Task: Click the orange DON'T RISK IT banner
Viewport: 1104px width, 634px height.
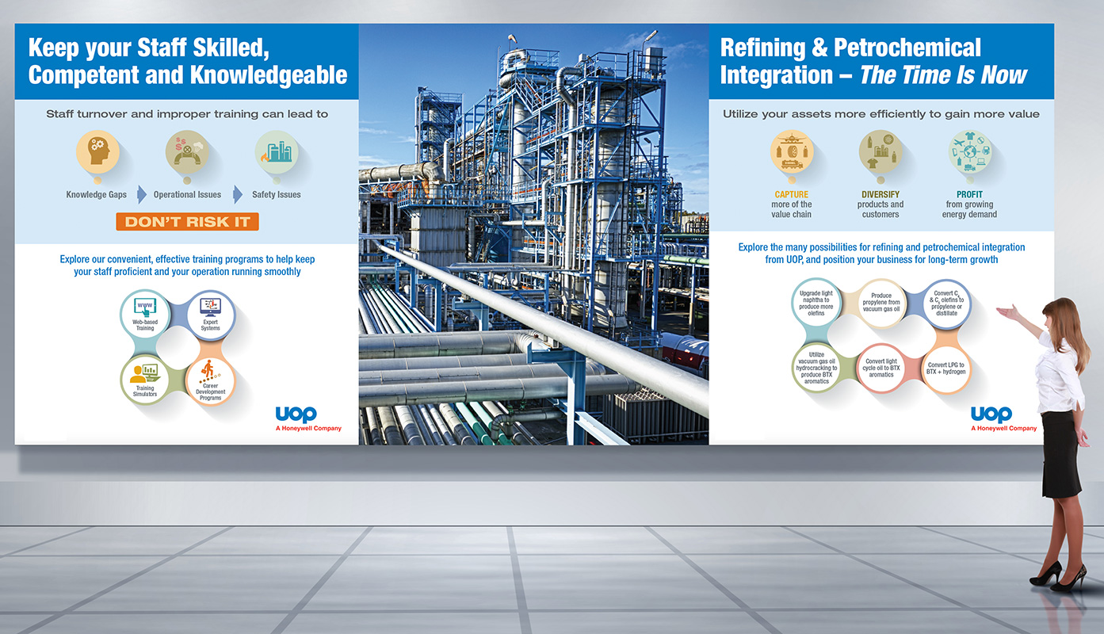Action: click(x=187, y=222)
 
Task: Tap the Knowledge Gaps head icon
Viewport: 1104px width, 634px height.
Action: click(x=97, y=152)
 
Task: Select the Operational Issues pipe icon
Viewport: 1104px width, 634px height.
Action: click(x=187, y=152)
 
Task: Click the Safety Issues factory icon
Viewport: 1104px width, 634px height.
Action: click(x=277, y=152)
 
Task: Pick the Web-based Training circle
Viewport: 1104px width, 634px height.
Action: click(x=145, y=314)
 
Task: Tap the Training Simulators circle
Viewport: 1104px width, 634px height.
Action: click(x=145, y=380)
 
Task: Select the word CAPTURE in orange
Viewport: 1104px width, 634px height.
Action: click(x=792, y=195)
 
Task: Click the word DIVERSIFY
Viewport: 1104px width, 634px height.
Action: click(x=881, y=195)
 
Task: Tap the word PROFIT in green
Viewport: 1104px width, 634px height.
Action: click(x=969, y=195)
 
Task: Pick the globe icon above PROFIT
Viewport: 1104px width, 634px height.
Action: click(x=970, y=152)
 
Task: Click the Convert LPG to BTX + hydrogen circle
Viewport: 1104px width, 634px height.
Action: click(x=945, y=369)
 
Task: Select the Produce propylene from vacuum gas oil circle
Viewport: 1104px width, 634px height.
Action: click(x=881, y=304)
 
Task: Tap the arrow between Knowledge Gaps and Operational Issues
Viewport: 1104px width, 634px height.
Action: click(x=142, y=195)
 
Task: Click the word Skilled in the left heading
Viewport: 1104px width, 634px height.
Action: click(x=231, y=48)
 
